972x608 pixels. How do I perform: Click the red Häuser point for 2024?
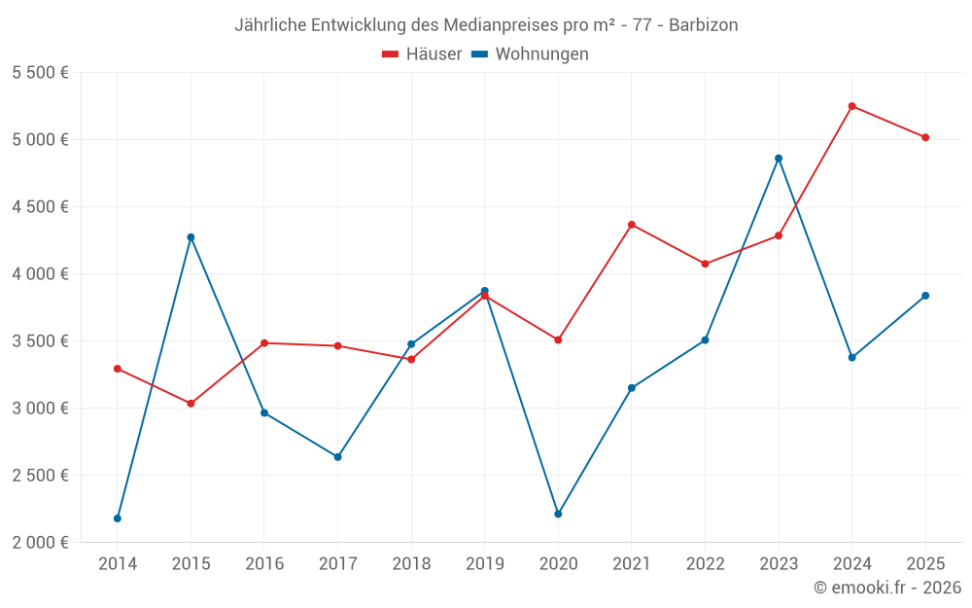851,106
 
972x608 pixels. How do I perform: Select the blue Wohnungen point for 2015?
191,237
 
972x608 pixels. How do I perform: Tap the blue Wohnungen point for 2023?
779,159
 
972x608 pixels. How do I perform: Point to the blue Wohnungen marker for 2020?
558,514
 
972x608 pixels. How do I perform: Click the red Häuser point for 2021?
632,225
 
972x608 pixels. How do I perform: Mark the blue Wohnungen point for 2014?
118,519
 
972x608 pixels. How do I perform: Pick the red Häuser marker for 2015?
191,404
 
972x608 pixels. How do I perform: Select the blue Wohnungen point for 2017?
337,457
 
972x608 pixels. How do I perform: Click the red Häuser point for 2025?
925,137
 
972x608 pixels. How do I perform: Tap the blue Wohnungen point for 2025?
925,296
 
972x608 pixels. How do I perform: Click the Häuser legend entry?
422,54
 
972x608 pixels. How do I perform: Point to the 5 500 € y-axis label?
40,73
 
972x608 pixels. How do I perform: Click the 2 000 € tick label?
40,543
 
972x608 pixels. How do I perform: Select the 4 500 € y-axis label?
40,207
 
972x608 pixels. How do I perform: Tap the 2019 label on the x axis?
484,563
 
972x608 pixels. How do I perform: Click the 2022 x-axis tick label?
705,563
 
